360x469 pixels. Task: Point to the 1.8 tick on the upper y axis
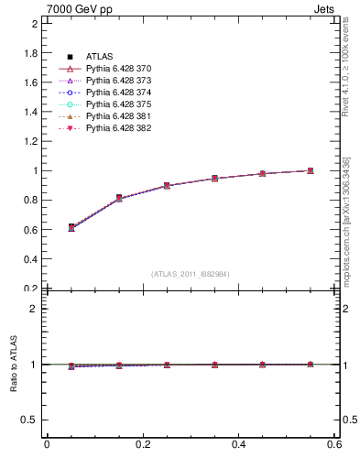[29, 53]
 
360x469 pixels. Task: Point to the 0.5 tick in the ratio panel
[29, 420]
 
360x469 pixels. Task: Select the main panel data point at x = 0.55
[311, 170]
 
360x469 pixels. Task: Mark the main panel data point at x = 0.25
[166, 185]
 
